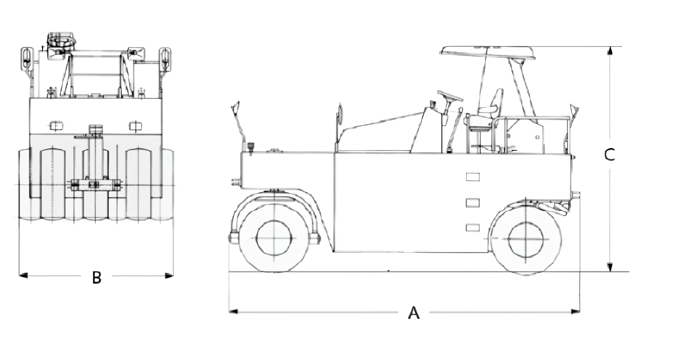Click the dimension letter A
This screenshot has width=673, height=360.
point(413,313)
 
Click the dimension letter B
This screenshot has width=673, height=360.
point(97,277)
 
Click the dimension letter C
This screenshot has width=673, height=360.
point(610,155)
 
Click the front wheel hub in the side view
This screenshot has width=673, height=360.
point(274,238)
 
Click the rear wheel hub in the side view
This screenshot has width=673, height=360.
point(526,239)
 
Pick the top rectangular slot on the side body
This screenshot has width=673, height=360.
point(472,177)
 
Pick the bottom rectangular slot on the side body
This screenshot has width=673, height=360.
point(472,227)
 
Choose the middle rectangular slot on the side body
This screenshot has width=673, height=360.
point(472,203)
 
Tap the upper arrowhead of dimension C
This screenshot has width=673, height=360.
point(610,51)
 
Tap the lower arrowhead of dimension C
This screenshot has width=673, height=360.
point(610,267)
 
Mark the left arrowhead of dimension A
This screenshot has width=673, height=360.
point(233,311)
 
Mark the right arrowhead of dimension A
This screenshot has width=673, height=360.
point(576,311)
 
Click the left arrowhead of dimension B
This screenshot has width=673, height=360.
point(23,275)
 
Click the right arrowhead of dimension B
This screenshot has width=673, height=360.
point(169,275)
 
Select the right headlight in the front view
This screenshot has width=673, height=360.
point(135,125)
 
